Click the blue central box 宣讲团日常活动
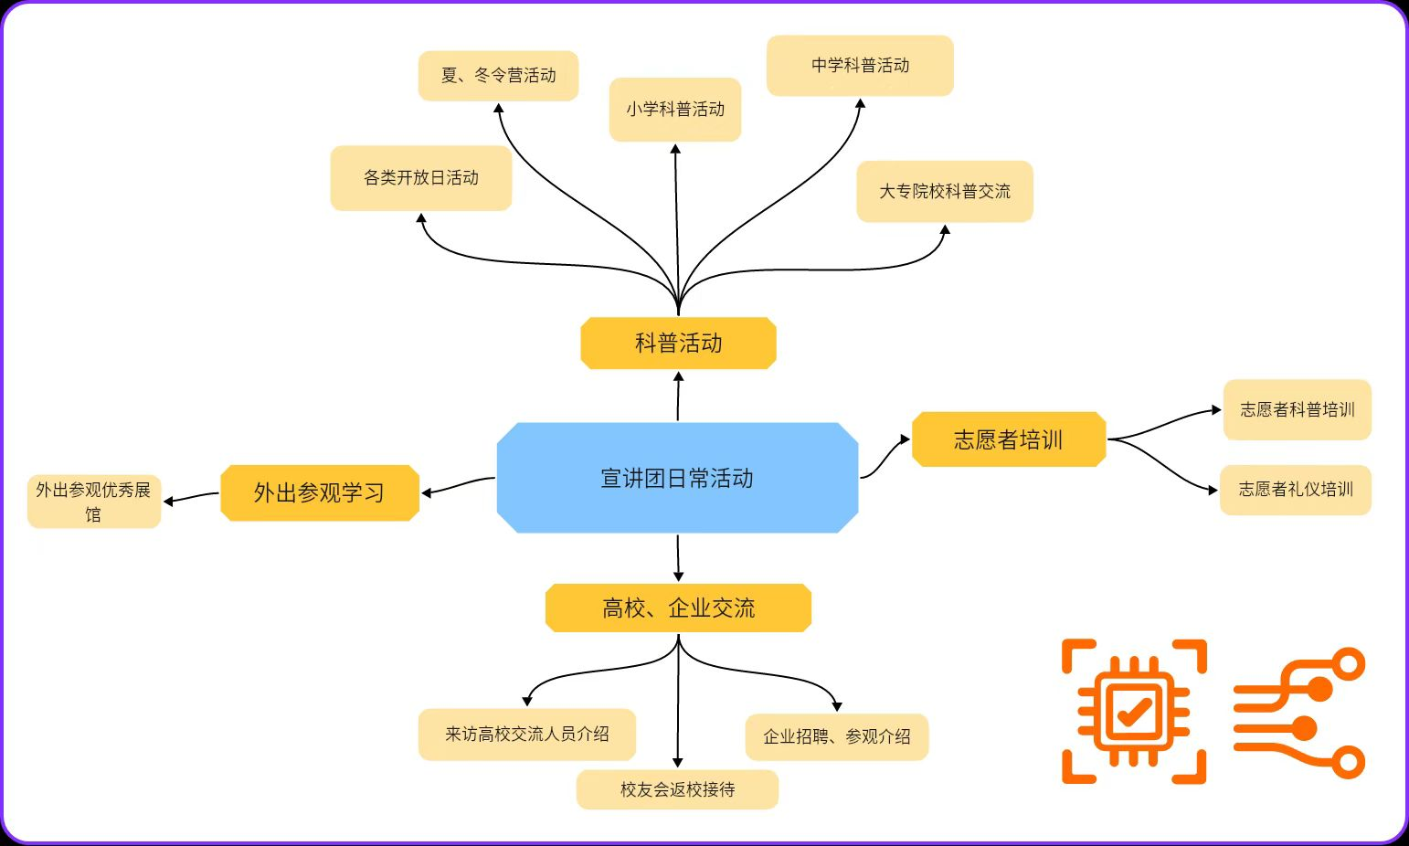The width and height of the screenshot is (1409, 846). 677,478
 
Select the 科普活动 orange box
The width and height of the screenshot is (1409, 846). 678,344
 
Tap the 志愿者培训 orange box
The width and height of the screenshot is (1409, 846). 1009,439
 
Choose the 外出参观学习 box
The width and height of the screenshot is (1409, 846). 319,493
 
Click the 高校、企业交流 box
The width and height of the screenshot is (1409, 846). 678,608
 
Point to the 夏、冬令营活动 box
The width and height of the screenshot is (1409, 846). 498,76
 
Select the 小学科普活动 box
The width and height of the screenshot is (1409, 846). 675,110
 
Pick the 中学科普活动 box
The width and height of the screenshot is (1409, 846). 860,66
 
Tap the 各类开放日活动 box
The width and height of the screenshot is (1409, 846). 420,178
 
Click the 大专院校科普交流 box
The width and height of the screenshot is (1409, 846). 945,192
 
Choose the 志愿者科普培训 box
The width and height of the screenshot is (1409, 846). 1297,410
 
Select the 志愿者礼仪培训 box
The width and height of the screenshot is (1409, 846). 1296,490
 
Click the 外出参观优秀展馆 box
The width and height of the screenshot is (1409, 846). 93,502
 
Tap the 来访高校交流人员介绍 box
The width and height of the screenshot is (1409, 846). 526,735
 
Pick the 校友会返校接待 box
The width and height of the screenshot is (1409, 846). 677,789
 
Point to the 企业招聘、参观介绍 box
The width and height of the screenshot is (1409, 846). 836,736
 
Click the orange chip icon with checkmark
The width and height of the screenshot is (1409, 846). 1134,711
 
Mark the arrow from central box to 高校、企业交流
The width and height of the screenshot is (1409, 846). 678,558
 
